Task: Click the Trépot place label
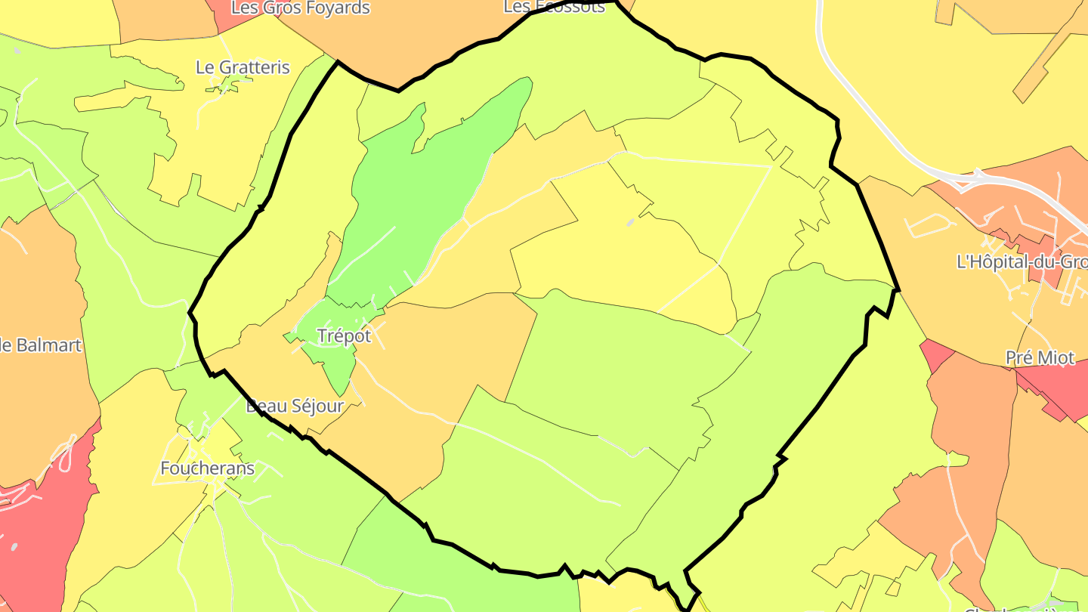point(345,336)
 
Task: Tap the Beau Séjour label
point(295,406)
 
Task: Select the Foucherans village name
point(207,468)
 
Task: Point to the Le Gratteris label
point(243,67)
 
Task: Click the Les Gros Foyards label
point(301,8)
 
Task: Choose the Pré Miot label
point(1040,358)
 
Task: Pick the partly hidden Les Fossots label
point(555,7)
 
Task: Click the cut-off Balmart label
point(41,346)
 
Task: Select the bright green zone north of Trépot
point(423,196)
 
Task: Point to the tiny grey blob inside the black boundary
point(630,223)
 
